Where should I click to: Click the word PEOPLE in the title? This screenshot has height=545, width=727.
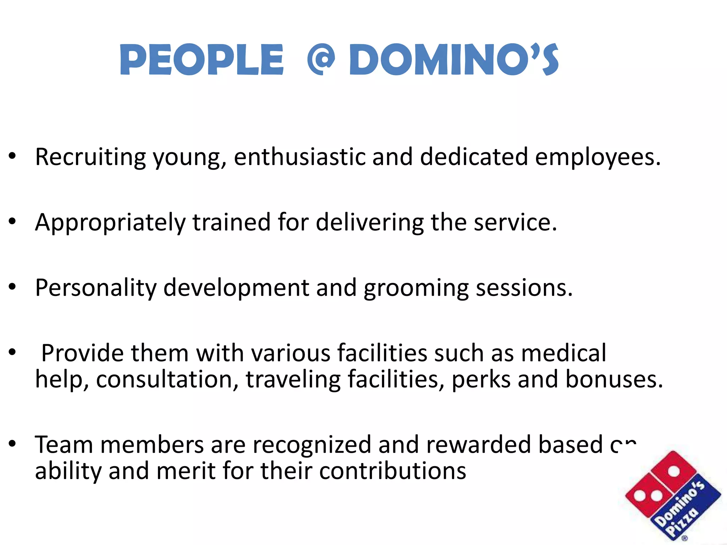click(x=202, y=60)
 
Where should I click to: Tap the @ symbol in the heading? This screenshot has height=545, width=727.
click(x=321, y=60)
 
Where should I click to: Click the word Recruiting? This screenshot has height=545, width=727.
click(x=91, y=157)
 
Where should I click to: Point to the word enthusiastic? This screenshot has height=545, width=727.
click(x=300, y=157)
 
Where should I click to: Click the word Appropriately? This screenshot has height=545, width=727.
click(x=110, y=223)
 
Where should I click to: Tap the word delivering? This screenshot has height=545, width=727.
click(x=370, y=223)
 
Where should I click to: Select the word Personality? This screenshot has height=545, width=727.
click(x=95, y=288)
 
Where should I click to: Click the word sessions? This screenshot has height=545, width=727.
click(x=524, y=288)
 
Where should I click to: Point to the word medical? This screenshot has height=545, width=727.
click(x=564, y=353)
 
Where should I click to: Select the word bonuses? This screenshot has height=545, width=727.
click(x=614, y=379)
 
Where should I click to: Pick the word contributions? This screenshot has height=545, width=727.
click(x=393, y=471)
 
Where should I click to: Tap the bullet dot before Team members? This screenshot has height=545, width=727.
click(x=13, y=444)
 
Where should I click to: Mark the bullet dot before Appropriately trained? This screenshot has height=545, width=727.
click(x=13, y=222)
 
